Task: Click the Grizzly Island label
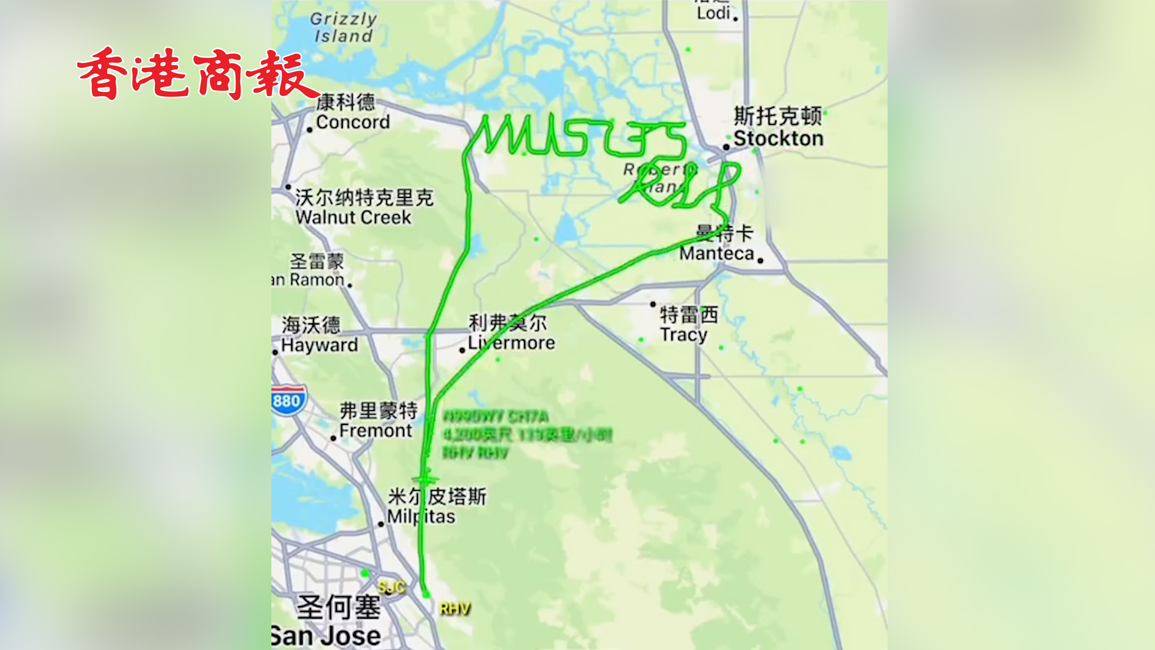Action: tap(343, 28)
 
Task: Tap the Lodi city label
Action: tap(713, 12)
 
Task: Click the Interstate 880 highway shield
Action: tap(288, 400)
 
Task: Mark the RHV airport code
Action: tap(455, 609)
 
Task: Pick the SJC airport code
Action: tap(392, 587)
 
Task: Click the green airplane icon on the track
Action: tap(426, 478)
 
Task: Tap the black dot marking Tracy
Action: tap(653, 305)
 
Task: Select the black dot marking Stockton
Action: tap(726, 147)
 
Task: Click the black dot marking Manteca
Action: tap(760, 261)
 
